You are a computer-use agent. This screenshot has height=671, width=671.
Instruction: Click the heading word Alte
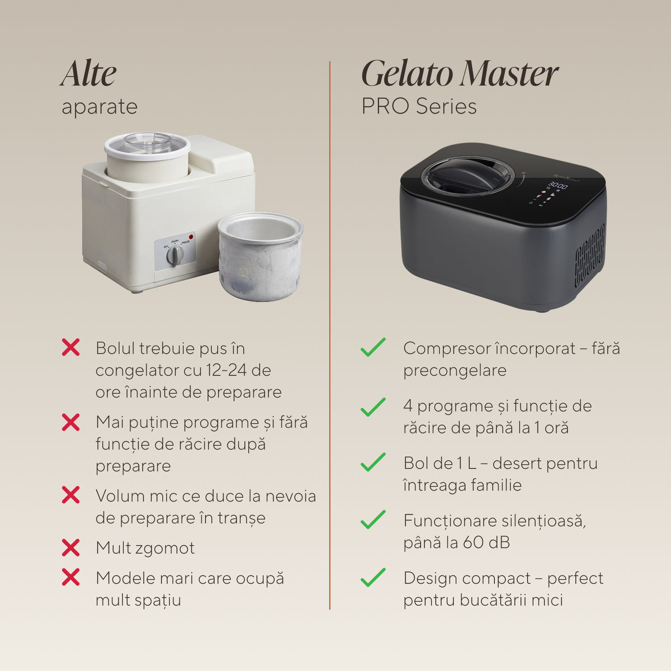tap(88, 73)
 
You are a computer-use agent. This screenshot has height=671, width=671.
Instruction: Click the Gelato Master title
tap(460, 73)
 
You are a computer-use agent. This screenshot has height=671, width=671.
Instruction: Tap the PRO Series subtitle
tap(419, 106)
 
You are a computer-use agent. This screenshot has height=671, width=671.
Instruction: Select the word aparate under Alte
tap(100, 107)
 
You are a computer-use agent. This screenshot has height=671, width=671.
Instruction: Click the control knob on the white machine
tap(175, 255)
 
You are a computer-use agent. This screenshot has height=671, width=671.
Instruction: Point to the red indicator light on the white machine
tap(191, 237)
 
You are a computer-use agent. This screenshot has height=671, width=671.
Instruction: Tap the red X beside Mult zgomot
tap(70, 548)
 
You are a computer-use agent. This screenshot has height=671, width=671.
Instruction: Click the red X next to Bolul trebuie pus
tap(70, 347)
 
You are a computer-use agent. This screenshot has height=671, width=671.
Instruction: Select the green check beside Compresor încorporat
tap(374, 347)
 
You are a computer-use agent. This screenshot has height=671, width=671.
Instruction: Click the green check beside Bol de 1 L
tap(374, 462)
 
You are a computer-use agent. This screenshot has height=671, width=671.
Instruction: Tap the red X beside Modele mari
tap(70, 577)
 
